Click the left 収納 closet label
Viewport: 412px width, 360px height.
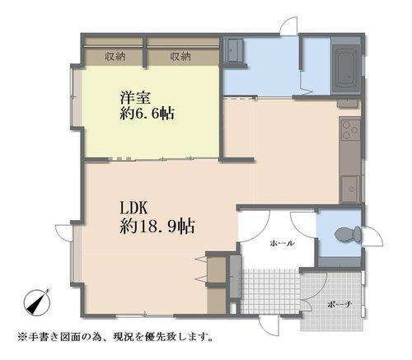tap(115, 56)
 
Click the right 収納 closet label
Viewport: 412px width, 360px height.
tap(180, 56)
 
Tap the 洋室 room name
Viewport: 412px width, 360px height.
tap(133, 96)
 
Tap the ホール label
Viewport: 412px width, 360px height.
tap(283, 244)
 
